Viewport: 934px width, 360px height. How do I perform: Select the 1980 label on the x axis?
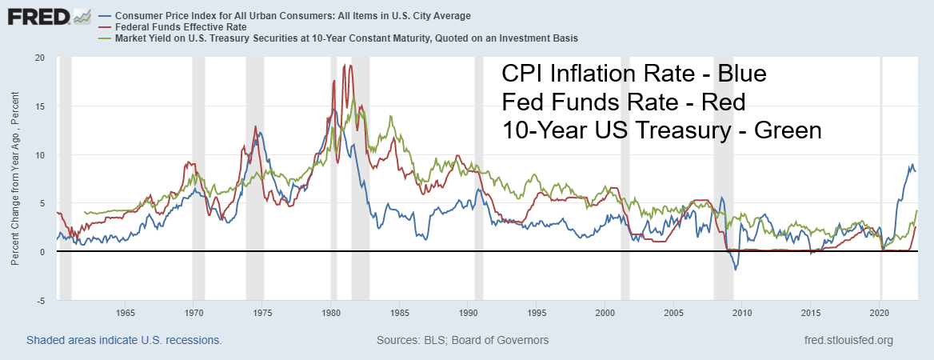click(330, 312)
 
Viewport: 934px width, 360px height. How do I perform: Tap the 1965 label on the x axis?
click(124, 312)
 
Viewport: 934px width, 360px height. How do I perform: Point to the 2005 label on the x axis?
click(673, 312)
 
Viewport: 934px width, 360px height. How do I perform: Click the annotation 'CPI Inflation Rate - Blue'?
click(634, 74)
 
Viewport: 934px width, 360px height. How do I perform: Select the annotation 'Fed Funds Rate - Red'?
click(623, 102)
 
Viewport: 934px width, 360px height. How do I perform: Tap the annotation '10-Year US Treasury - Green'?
click(661, 130)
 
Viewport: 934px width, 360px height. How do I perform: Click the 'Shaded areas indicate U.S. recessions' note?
click(124, 340)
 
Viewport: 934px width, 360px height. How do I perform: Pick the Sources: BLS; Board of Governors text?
click(462, 340)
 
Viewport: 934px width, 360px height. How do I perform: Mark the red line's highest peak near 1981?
click(344, 66)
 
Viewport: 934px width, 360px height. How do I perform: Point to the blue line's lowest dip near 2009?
click(736, 270)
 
